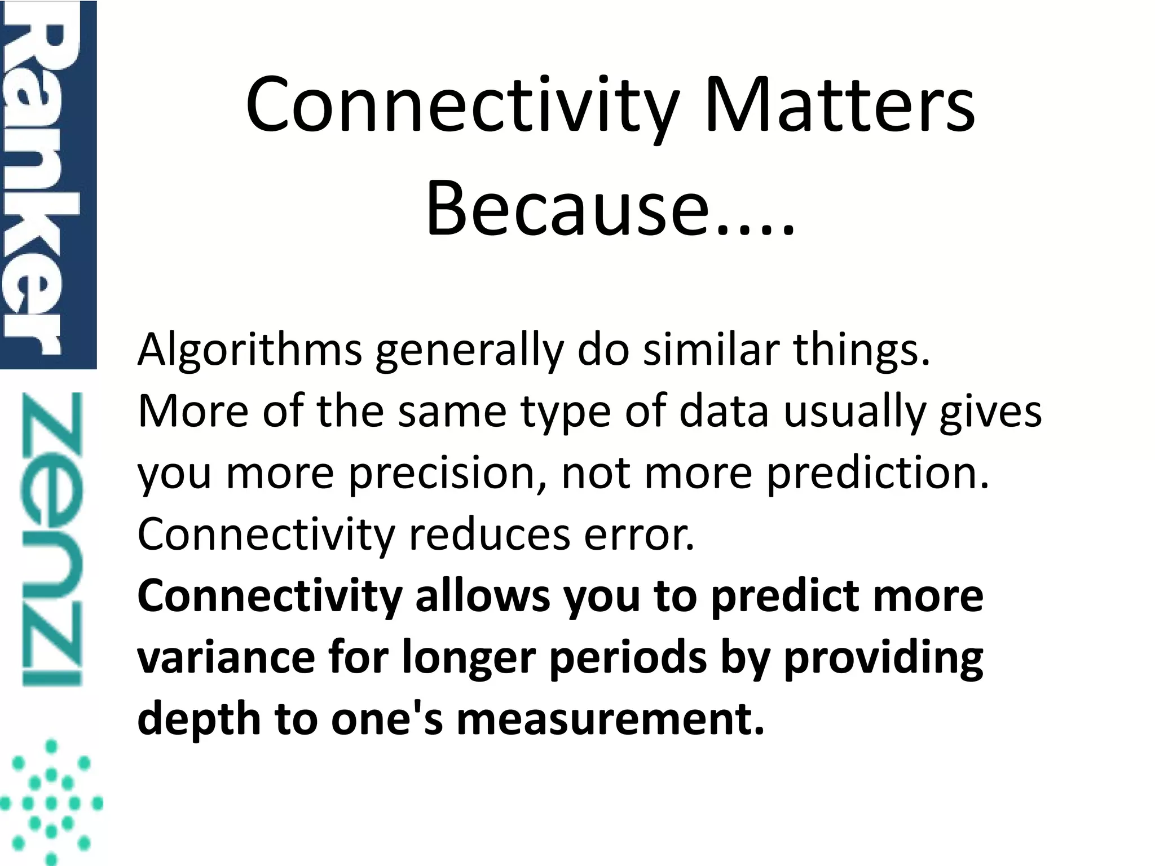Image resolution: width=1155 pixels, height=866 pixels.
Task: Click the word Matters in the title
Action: coord(839,106)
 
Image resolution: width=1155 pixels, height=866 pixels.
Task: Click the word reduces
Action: coord(490,534)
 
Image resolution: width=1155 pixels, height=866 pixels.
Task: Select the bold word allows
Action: coord(483,597)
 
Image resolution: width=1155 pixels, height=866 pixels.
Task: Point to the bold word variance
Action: coord(226,659)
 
